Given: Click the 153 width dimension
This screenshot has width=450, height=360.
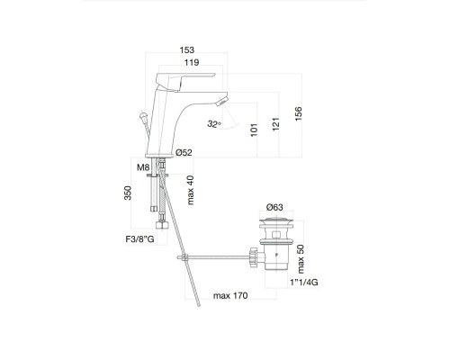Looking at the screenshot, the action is (x=187, y=49).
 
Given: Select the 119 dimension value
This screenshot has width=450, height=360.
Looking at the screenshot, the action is (x=192, y=62).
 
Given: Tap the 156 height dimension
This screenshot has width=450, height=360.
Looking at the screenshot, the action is (x=298, y=113).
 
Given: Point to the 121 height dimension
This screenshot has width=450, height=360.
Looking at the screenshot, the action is (x=275, y=124).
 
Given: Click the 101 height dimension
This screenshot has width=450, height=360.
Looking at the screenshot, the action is (x=254, y=130).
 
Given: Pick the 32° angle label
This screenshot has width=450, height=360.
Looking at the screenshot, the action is (x=214, y=123).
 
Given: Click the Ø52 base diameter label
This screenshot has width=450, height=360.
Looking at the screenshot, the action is (x=184, y=153).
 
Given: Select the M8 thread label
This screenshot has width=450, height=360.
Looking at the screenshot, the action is (x=143, y=167).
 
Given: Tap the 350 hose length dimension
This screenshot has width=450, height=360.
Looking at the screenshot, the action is (x=128, y=193).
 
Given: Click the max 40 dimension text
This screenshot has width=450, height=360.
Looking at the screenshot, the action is (x=191, y=190).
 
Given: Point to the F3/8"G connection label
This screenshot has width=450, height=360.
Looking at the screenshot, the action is (x=139, y=239).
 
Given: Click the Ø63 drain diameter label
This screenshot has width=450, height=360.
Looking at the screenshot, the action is (x=274, y=207).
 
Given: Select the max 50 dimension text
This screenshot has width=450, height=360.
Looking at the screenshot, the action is (x=301, y=259).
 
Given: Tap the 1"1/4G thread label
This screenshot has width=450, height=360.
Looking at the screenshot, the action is (x=304, y=283).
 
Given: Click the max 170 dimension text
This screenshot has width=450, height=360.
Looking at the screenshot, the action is (x=230, y=296).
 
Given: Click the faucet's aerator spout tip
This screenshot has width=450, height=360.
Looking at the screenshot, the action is (x=222, y=100).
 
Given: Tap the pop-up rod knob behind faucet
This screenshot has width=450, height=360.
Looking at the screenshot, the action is (x=144, y=115).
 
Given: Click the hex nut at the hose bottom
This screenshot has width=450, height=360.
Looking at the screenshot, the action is (x=162, y=226).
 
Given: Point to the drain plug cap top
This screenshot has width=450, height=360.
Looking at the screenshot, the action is (x=276, y=219).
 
